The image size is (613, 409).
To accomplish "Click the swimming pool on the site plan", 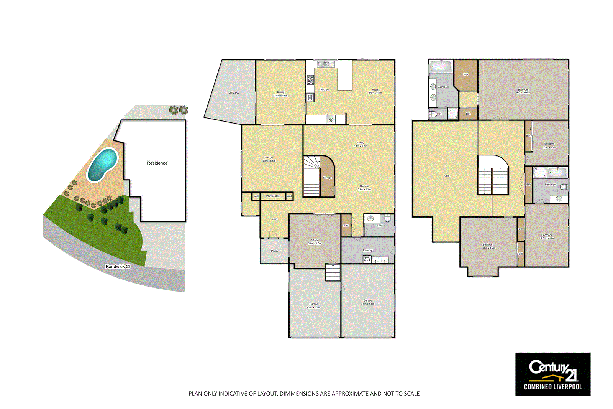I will pos(102,165).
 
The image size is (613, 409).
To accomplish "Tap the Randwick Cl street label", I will pos(118,266).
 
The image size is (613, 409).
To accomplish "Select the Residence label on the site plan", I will pos(157,163).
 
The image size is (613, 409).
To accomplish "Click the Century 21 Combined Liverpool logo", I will pos(552,374).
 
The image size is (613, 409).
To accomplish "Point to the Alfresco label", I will pos(234,93).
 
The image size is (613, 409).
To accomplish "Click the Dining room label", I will pos(281,92).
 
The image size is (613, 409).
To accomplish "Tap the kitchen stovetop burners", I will pos(310,80).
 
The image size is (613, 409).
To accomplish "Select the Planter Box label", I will pos(273,196).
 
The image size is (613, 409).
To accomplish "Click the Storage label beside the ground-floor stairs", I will pos(327,178).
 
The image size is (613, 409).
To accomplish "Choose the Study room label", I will pos(315,240).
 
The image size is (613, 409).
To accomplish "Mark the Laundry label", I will pos(367,250).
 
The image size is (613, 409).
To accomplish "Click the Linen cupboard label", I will pos(346,225).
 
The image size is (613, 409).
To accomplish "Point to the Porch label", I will pos(274,251).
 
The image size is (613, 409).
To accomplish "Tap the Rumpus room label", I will pos(364,186).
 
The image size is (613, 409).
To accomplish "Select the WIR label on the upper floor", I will pos(466,75).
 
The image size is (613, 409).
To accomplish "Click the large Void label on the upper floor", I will pos(447,176).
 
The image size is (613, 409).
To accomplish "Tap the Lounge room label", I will pos(269,157).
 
